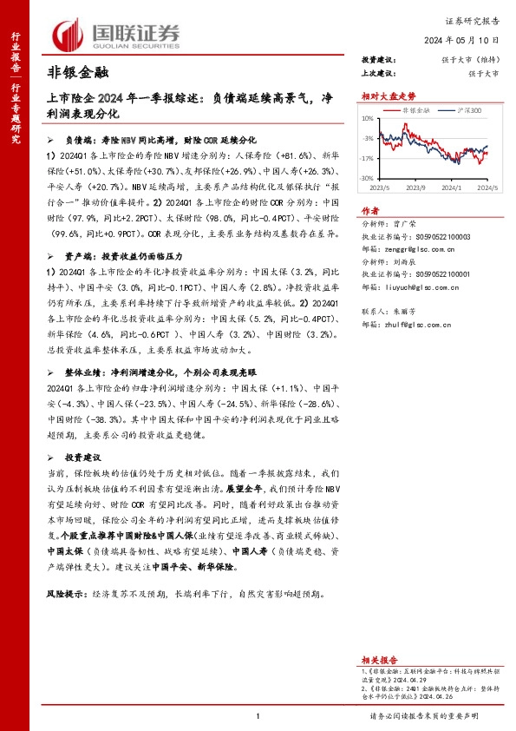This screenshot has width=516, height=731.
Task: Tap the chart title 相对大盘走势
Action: (389, 97)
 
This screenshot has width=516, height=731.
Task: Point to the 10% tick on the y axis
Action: (368, 118)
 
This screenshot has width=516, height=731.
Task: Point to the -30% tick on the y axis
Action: (367, 178)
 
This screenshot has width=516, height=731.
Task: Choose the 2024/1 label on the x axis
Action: (451, 187)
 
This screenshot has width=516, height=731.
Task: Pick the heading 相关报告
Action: (377, 661)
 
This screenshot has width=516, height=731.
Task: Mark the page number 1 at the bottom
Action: (258, 715)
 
